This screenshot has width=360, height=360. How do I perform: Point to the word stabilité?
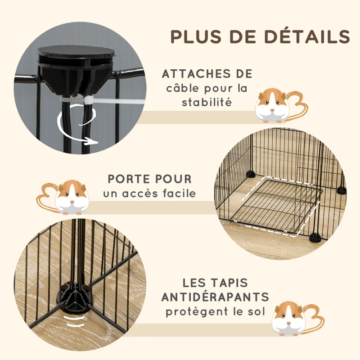click(207, 102)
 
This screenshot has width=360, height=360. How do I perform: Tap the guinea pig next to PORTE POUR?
click(72, 198)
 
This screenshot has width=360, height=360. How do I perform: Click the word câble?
click(182, 88)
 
